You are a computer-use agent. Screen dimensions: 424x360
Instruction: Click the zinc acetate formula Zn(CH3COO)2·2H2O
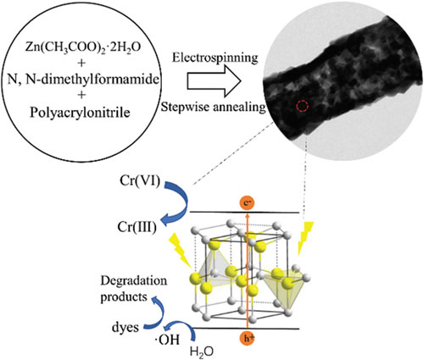click(x=82, y=48)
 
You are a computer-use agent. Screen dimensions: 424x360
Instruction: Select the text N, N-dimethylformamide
click(x=83, y=80)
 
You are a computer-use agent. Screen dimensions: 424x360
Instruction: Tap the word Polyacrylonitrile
click(x=80, y=113)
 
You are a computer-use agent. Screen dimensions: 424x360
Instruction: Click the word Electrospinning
click(x=215, y=58)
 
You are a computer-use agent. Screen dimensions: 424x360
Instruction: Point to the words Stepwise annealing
click(x=214, y=108)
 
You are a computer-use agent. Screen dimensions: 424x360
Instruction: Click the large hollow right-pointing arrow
click(x=214, y=81)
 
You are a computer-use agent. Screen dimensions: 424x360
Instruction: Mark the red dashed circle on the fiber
click(x=302, y=106)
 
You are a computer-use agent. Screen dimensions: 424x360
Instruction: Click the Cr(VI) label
click(x=140, y=180)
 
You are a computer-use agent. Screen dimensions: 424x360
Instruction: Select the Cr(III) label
click(x=137, y=227)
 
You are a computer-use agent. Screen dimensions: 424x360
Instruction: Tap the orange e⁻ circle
click(x=248, y=203)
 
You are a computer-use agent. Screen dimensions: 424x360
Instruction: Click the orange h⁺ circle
click(x=248, y=339)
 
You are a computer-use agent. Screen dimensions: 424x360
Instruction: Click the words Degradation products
click(x=133, y=289)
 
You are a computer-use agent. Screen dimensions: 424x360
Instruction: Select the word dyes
click(x=126, y=328)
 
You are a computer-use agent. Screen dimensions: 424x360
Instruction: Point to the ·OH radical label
click(x=167, y=340)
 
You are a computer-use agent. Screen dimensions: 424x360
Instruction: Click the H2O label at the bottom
click(x=202, y=352)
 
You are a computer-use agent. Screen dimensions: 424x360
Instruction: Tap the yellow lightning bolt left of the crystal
click(x=180, y=250)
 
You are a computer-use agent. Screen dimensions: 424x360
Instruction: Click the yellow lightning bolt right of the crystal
click(x=304, y=239)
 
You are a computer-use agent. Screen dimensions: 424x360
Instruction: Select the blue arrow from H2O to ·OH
click(x=181, y=325)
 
